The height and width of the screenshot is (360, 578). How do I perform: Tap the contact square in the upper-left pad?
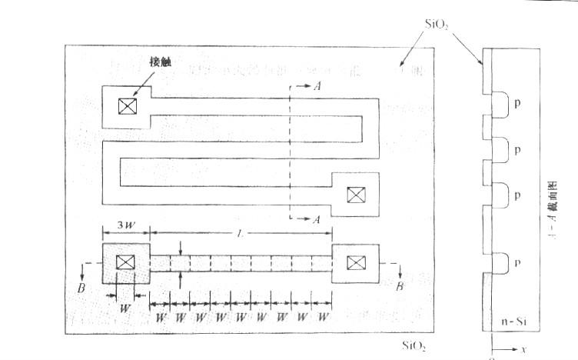coord(125,107)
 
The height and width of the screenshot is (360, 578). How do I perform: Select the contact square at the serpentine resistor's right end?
coord(354,195)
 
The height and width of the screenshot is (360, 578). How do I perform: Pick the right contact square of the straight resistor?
coord(354,264)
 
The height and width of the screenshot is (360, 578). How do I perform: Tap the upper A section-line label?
coord(317,87)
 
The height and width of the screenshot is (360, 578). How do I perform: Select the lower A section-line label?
coord(317,219)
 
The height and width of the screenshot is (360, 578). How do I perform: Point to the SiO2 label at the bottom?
coord(415,345)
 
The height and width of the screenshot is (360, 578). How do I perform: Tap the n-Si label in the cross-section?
coord(507,318)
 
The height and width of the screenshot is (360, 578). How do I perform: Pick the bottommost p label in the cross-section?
coord(517,262)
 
